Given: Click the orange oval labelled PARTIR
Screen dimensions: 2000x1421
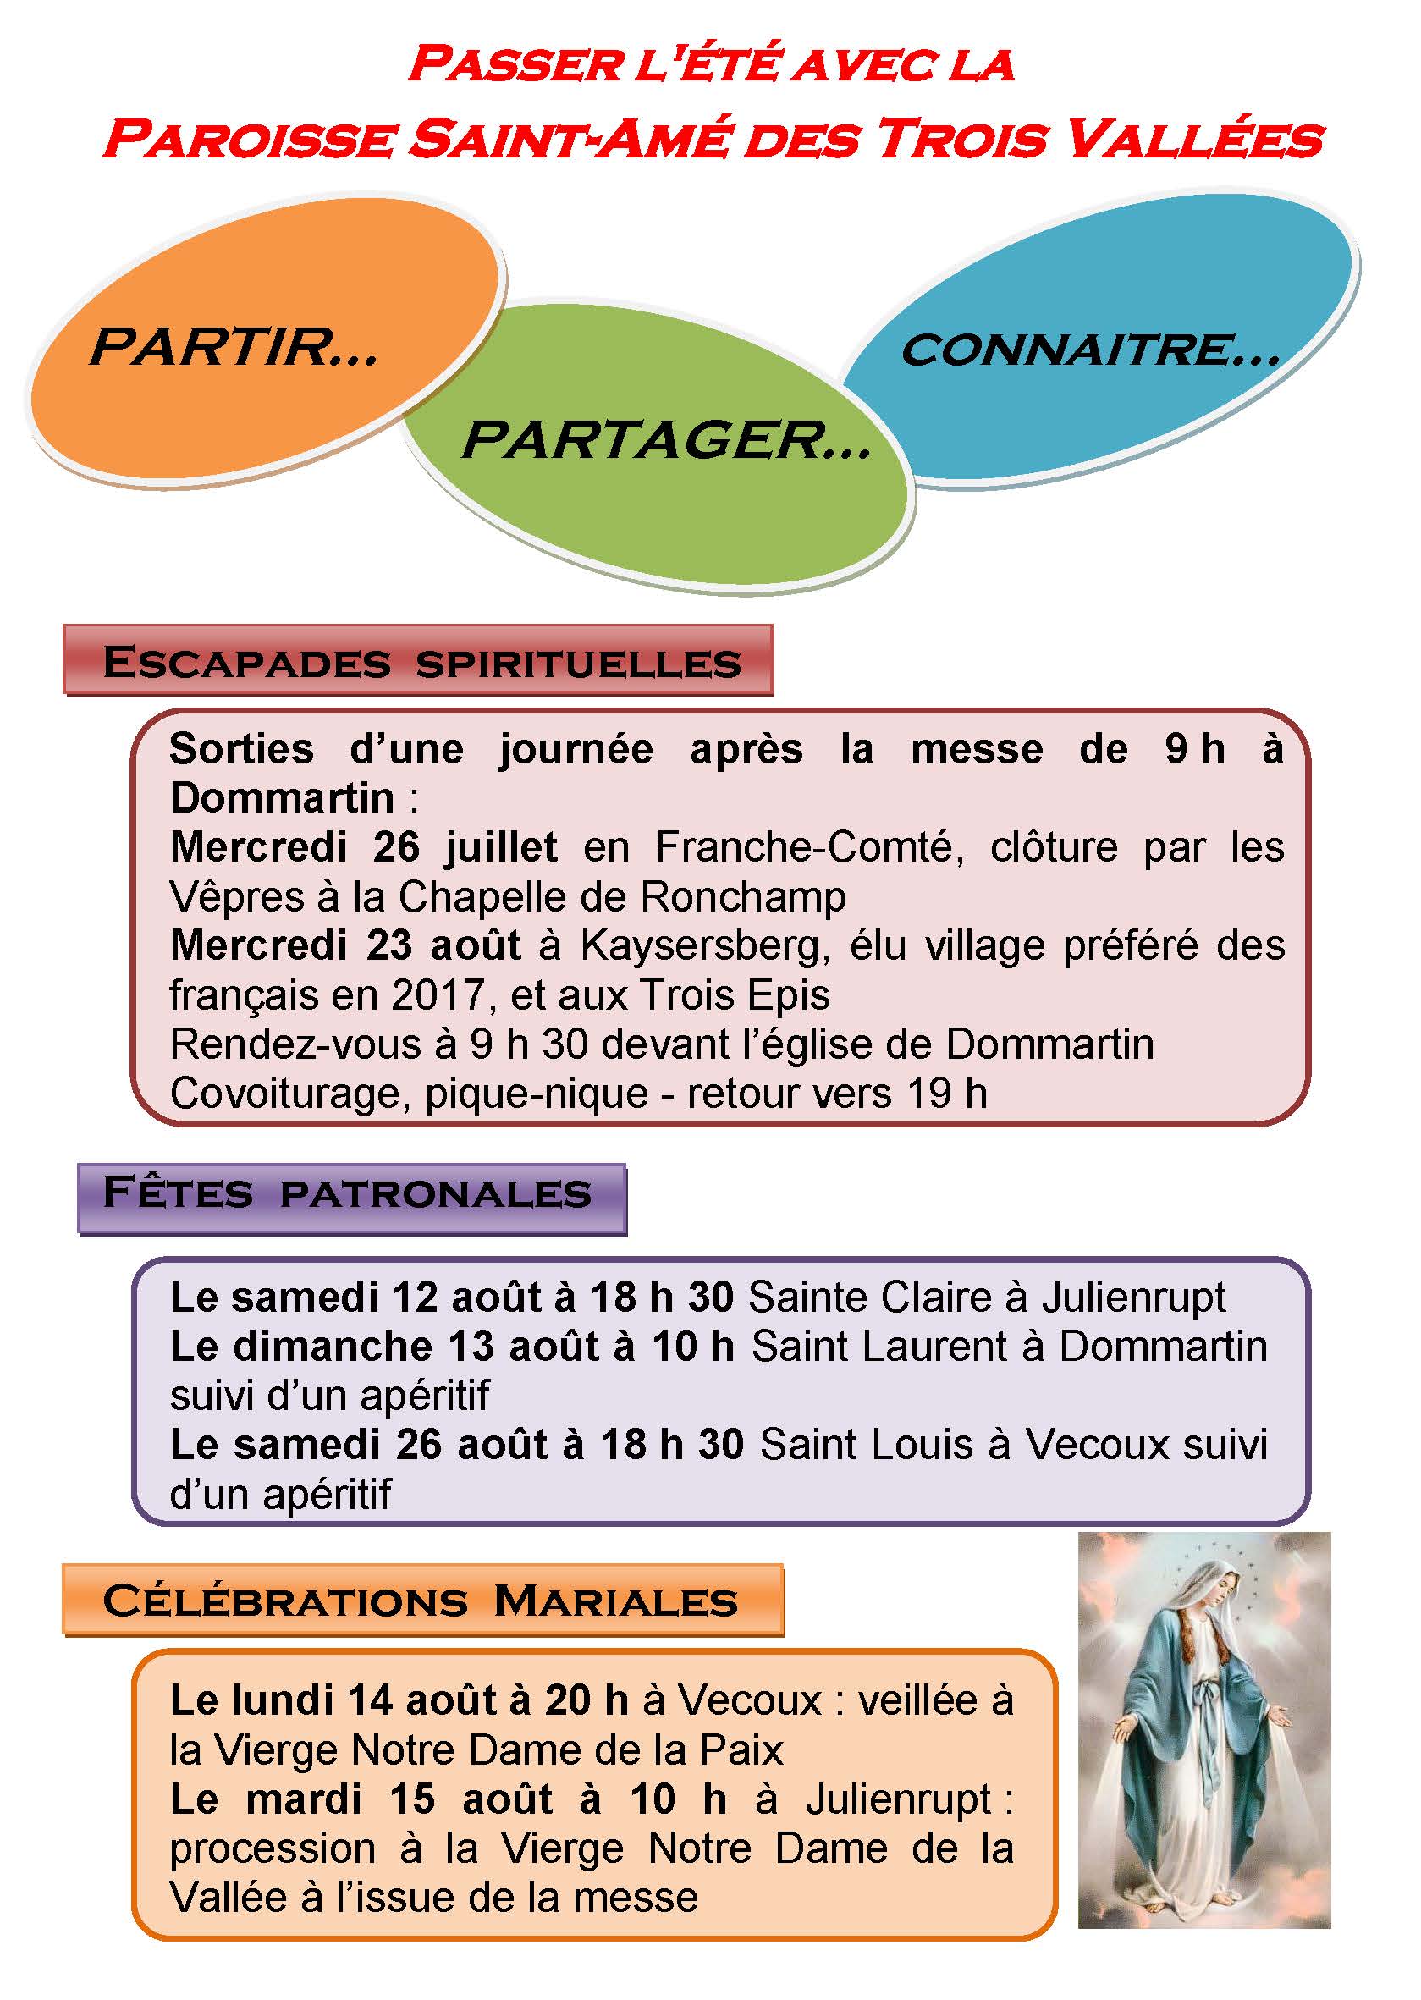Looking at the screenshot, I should click(x=262, y=350).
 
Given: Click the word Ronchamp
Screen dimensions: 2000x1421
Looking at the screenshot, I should click(x=743, y=897).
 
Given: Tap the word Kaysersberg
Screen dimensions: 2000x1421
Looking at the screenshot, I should click(x=704, y=945).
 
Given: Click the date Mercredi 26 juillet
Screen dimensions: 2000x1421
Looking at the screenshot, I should click(x=363, y=847).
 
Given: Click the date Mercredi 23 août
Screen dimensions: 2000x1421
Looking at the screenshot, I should click(x=345, y=945).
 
